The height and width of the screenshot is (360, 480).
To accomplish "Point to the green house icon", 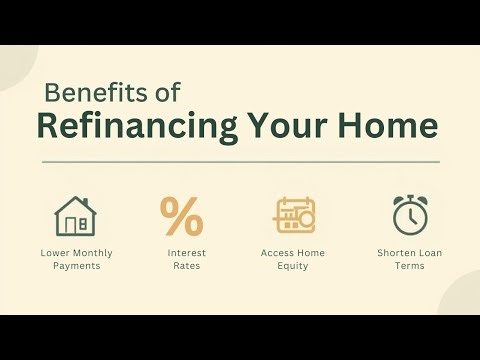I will point(74,215).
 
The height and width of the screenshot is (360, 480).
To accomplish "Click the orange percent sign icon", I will point(181,215).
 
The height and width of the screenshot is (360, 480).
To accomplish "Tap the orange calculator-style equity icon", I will point(295,215).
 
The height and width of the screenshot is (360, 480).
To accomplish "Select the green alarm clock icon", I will point(409,214).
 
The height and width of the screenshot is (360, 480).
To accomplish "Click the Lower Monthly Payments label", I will point(74,259).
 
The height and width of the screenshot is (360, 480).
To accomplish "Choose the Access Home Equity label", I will point(293,259).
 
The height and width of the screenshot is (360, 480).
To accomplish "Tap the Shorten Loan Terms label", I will point(409,259).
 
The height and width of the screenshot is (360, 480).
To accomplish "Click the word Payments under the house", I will point(74,266).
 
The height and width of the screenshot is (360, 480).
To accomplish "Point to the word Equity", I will point(293,266).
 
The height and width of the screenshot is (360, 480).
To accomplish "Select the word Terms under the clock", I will point(409,266).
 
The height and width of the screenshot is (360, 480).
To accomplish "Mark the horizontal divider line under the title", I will point(240,161).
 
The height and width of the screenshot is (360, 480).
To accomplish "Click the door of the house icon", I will point(82,224).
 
